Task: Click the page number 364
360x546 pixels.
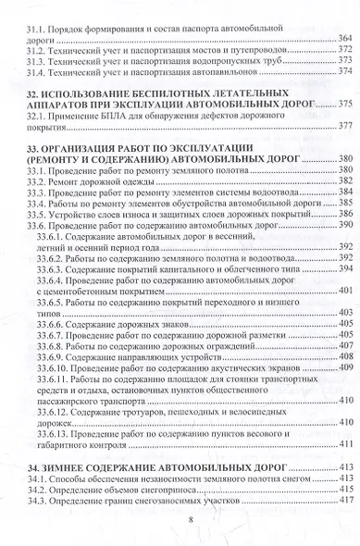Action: click(345, 43)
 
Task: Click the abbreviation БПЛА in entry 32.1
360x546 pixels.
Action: click(110, 119)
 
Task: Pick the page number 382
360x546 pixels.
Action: click(345, 183)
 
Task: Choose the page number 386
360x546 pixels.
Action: click(345, 215)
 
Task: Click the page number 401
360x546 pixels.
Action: click(345, 291)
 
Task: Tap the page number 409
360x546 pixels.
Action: click(345, 366)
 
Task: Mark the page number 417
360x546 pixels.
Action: click(345, 500)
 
